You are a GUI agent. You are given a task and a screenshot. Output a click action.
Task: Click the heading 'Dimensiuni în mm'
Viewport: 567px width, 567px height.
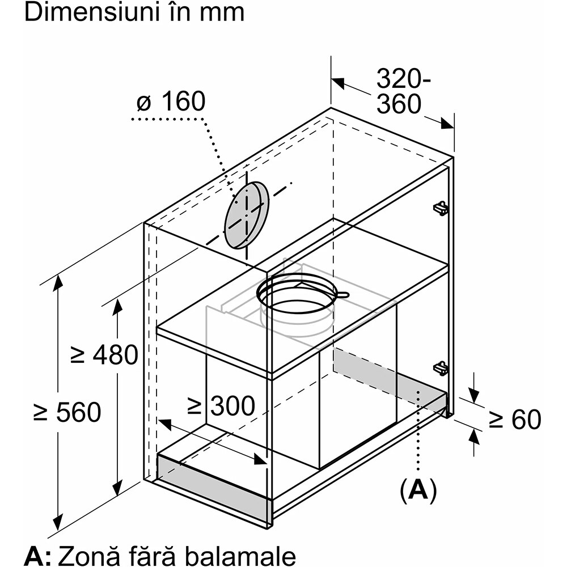[x=134, y=12]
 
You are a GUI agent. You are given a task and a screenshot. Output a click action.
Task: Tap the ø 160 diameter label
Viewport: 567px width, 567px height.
[x=171, y=103]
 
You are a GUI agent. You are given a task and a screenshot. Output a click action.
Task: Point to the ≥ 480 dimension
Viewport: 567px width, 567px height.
[x=104, y=356]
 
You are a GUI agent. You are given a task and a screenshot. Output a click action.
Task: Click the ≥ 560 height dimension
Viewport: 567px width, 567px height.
[x=67, y=412]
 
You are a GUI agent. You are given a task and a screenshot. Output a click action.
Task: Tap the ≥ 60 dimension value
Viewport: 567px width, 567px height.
[x=515, y=420]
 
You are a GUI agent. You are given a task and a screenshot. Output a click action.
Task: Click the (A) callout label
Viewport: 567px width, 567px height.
[x=418, y=490]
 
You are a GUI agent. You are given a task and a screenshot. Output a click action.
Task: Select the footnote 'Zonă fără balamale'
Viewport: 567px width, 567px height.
[x=175, y=554]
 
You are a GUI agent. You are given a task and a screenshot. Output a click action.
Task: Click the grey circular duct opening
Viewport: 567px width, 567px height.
[x=246, y=215]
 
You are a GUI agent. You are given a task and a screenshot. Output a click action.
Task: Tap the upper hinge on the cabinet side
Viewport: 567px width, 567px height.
[x=440, y=208]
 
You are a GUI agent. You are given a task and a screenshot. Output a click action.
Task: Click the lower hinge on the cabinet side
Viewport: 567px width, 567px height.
[x=441, y=368]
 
